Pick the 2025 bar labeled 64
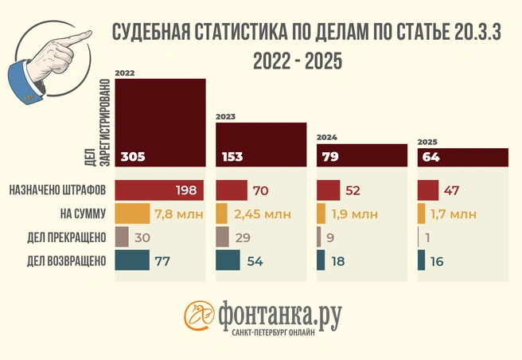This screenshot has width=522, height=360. (462, 158)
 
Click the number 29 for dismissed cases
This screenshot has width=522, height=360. (247, 237)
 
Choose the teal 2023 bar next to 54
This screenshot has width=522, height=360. (228, 260)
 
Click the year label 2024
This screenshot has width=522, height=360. (327, 137)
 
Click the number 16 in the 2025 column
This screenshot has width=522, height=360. (436, 260)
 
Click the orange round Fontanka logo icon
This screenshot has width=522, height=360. (199, 316)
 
